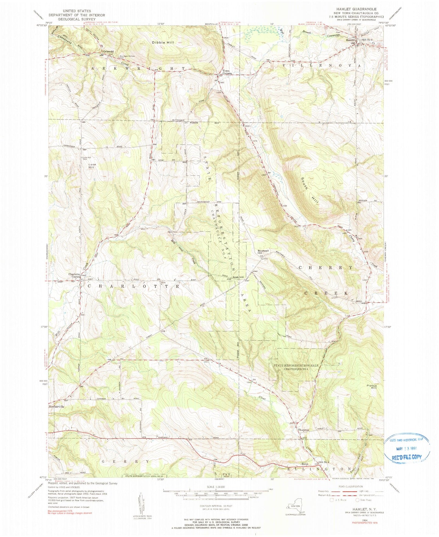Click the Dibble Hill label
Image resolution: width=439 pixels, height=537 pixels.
pos(163,43)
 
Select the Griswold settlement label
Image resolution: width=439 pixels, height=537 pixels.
pos(108,52)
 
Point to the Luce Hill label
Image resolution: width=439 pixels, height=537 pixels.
pos(92,166)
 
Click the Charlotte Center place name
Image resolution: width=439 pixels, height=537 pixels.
pos(74,275)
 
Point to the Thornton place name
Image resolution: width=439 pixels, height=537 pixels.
pos(303,430)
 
